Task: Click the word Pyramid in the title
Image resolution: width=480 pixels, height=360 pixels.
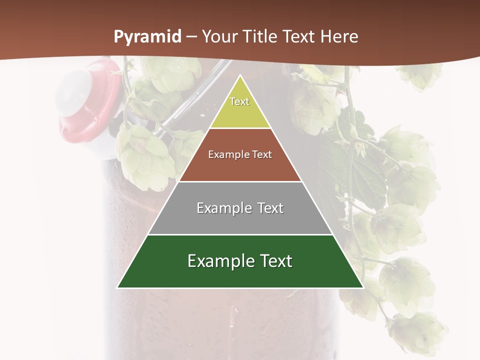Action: pos(147,37)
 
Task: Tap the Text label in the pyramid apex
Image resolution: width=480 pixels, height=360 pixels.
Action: pos(239,101)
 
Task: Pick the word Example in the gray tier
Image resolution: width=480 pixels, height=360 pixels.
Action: pos(223,208)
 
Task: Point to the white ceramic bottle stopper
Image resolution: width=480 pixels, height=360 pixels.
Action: pos(72,92)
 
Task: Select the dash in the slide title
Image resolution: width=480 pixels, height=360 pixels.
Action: pos(191,37)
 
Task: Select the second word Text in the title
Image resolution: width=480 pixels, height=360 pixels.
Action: pos(300,36)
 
